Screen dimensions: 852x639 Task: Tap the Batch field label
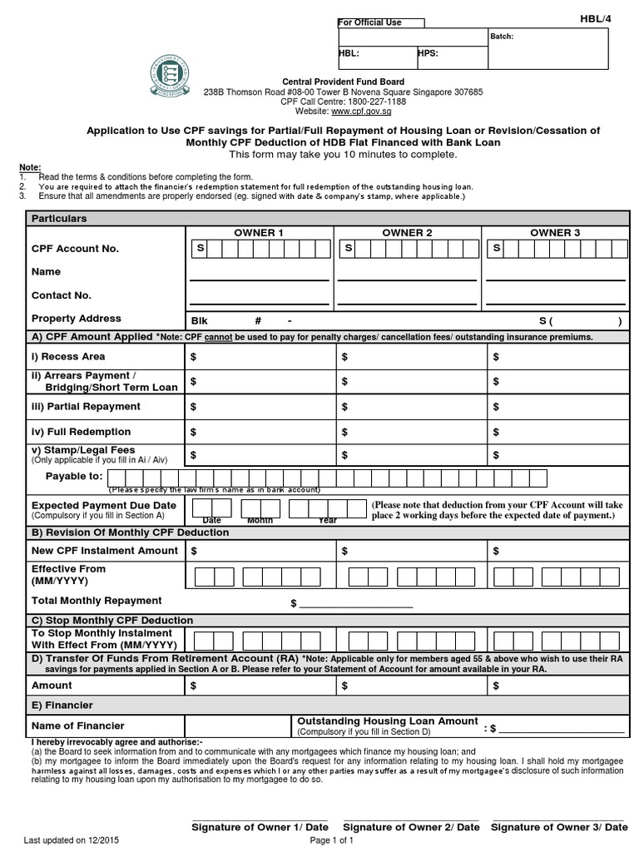click(x=503, y=37)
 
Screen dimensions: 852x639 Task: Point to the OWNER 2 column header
click(x=407, y=233)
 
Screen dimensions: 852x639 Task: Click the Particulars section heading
click(x=59, y=218)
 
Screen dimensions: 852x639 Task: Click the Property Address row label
click(x=76, y=319)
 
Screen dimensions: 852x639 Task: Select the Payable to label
click(x=76, y=476)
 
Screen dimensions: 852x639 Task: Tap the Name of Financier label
click(x=77, y=726)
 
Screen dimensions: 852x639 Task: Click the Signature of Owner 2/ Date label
click(x=411, y=827)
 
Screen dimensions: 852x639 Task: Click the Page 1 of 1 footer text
click(x=332, y=840)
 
